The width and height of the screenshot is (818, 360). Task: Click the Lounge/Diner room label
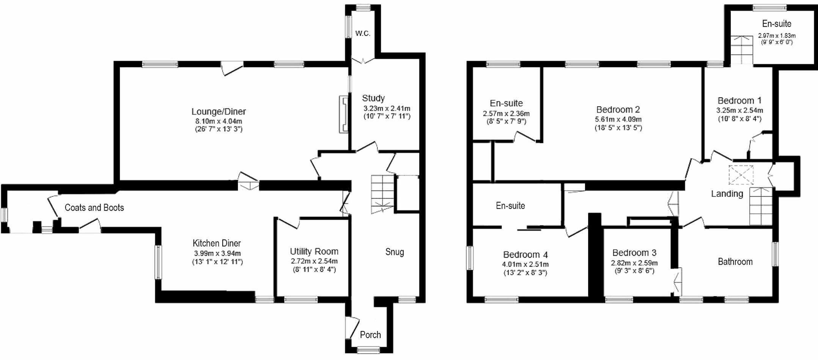219,112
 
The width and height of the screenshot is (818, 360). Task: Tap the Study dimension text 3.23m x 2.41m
387,108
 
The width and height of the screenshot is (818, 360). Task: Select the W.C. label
363,33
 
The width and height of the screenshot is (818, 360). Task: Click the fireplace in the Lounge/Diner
344,114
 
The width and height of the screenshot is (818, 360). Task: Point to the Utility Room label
314,252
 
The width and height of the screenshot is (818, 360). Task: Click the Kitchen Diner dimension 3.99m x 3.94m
217,253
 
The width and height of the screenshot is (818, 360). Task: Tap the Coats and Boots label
94,208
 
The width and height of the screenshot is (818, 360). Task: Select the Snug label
395,252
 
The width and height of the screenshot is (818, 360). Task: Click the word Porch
370,335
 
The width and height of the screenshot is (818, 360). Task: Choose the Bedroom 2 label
618,110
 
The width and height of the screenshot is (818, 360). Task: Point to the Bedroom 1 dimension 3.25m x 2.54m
739,111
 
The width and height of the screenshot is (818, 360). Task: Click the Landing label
727,194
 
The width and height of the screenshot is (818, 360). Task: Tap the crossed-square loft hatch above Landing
741,175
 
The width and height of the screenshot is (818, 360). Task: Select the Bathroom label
735,262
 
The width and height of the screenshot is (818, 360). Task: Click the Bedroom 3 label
634,253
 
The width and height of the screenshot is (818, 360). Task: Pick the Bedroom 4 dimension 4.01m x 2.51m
525,264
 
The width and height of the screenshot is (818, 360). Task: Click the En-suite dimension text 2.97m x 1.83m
777,36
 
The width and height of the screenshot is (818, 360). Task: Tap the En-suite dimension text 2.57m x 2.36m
506,113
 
